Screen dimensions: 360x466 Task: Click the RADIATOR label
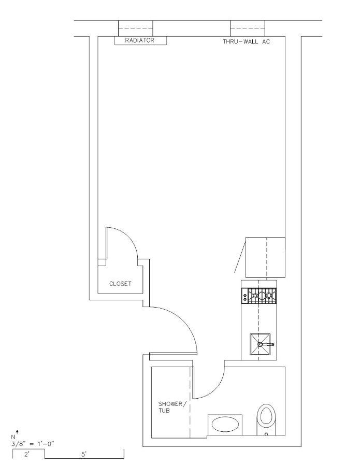click(139, 40)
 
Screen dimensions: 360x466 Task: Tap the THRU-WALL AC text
click(247, 41)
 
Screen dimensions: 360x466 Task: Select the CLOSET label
click(120, 284)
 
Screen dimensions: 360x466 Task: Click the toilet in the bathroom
click(266, 419)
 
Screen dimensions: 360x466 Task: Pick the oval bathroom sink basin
click(225, 424)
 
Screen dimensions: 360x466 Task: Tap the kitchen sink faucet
click(266, 344)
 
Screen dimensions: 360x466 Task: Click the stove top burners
click(262, 296)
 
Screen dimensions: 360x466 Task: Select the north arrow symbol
click(17, 431)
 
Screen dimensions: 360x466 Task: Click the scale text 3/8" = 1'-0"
click(33, 444)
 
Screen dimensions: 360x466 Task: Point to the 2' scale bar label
click(27, 455)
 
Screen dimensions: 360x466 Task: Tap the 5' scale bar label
click(84, 455)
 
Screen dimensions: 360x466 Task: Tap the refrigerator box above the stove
click(265, 257)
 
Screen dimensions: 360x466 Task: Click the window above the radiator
click(136, 28)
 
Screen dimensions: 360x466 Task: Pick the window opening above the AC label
click(248, 28)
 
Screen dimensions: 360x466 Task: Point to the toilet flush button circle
click(266, 434)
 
